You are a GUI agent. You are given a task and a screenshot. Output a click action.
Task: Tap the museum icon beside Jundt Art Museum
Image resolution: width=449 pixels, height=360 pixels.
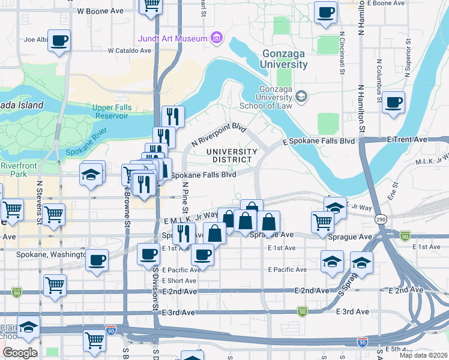(217, 39)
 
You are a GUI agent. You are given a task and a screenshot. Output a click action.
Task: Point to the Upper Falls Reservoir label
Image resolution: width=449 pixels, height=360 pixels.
(116, 112)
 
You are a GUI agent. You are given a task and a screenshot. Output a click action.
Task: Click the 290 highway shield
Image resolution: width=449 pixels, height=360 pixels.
(381, 220)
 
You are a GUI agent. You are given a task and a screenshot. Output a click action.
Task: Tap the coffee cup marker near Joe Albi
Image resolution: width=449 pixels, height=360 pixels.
(59, 41)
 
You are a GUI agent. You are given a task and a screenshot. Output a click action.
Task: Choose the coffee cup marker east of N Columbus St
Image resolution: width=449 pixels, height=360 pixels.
(393, 102)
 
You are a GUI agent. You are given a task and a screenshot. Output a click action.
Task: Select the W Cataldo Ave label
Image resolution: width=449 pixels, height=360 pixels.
(129, 51)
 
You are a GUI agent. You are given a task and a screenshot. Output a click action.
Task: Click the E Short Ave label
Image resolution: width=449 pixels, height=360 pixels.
(179, 280)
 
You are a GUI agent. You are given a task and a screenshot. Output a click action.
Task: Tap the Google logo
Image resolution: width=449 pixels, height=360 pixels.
(20, 352)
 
